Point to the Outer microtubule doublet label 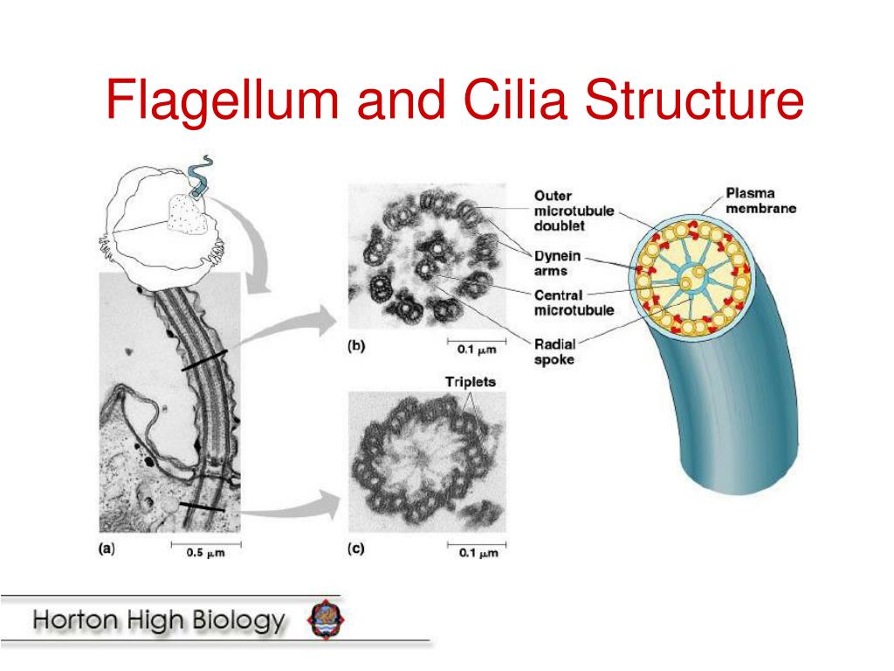(574, 211)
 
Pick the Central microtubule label (574, 302)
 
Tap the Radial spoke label (555, 351)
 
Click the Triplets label (470, 382)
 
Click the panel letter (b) (356, 346)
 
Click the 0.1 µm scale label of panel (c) (477, 553)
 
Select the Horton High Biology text (159, 622)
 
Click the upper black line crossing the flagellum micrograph (204, 359)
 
